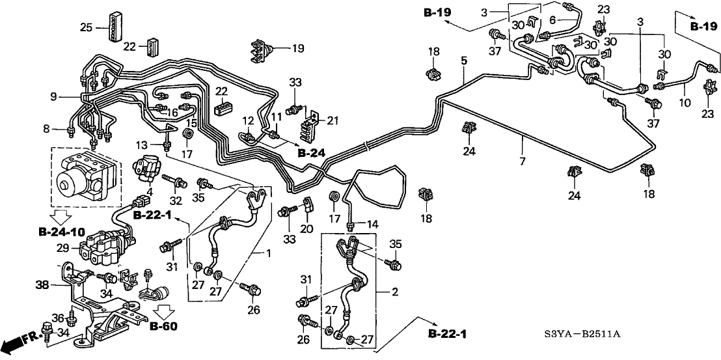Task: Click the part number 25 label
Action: [86, 27]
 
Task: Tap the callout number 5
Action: [463, 61]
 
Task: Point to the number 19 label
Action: [297, 48]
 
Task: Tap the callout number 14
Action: [372, 224]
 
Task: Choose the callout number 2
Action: [394, 293]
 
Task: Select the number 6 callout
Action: [553, 20]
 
